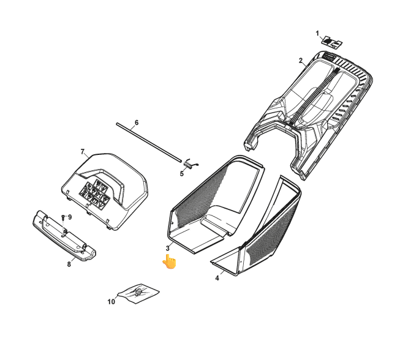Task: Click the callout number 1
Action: (x=317, y=34)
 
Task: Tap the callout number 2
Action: (x=301, y=61)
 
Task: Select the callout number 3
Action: (x=168, y=248)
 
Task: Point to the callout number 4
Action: (x=217, y=278)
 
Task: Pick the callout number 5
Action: (x=182, y=174)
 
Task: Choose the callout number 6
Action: (x=137, y=122)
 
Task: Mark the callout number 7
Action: (x=83, y=152)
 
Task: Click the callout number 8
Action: (x=69, y=264)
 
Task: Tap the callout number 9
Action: (x=70, y=217)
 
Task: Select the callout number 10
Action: (x=111, y=301)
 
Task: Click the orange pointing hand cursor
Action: (x=170, y=261)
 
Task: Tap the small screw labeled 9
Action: (x=63, y=217)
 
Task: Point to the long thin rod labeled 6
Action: (x=149, y=142)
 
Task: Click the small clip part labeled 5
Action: (x=190, y=163)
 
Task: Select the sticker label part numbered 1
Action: (x=332, y=42)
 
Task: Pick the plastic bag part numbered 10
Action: (x=138, y=293)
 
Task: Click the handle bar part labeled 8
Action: (x=64, y=236)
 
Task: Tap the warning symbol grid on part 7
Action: (x=95, y=193)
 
